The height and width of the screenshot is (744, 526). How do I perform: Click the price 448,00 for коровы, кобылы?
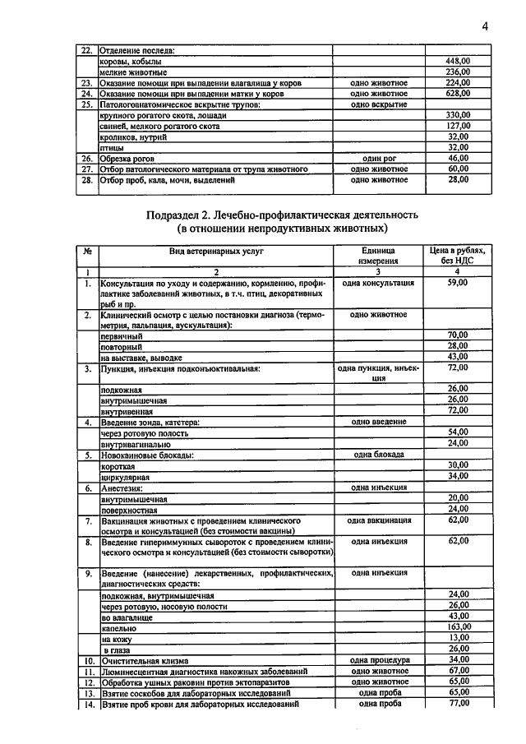(457, 62)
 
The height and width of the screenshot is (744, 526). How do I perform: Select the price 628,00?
(457, 94)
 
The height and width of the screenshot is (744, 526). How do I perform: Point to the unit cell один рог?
(378, 158)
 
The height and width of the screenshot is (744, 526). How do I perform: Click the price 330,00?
(457, 115)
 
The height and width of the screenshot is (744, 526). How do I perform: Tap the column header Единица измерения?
(378, 255)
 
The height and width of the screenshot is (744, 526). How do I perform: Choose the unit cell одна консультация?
(378, 283)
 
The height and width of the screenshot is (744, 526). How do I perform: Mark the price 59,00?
(457, 283)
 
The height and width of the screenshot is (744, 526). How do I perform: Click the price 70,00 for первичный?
(457, 335)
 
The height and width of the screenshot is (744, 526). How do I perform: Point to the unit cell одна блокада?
(378, 455)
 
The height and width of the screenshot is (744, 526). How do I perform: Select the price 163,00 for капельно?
(457, 626)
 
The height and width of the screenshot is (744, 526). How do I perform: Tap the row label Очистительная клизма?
(145, 660)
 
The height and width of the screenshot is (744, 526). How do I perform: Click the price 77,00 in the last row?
(457, 704)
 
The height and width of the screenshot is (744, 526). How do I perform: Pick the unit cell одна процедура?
(378, 660)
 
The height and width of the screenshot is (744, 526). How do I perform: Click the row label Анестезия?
(123, 488)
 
